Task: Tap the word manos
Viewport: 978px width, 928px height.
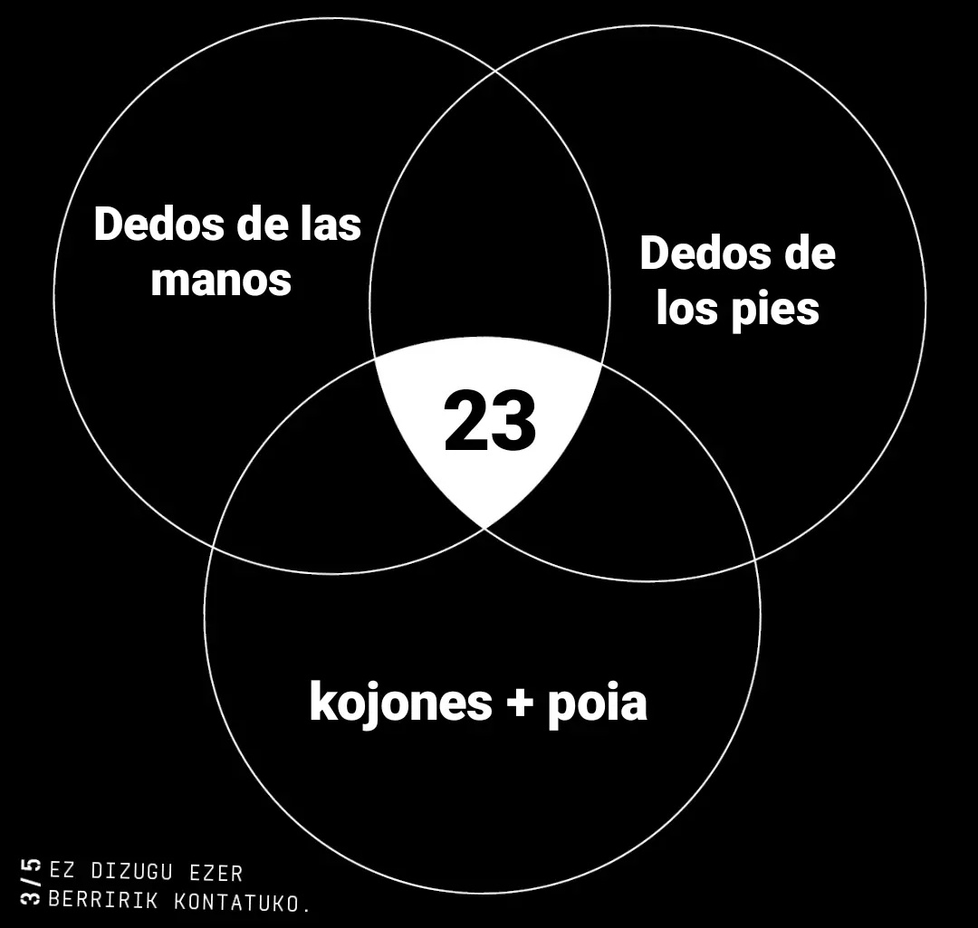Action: (222, 280)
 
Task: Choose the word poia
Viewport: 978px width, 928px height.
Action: (598, 705)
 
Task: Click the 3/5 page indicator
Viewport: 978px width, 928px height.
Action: (31, 881)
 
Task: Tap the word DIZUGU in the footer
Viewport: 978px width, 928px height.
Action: (131, 872)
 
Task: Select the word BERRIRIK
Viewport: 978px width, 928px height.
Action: (103, 901)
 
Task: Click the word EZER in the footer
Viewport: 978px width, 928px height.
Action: (216, 873)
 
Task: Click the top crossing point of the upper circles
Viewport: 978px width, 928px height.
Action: (496, 72)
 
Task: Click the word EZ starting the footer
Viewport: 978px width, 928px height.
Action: (62, 871)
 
